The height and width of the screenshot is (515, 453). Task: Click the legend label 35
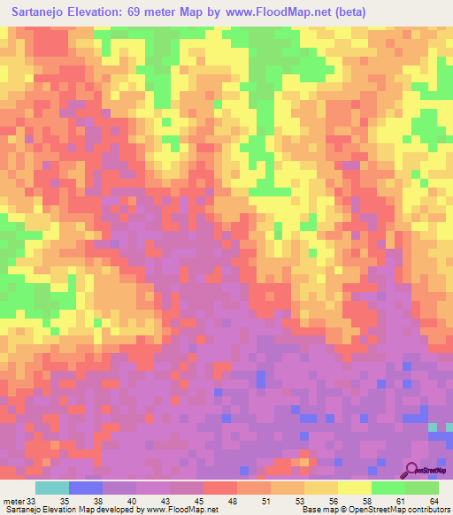pos(65,501)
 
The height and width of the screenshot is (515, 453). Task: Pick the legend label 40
pos(132,501)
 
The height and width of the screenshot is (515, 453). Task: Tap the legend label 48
pos(232,501)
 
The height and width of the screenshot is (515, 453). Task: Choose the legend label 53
pos(299,501)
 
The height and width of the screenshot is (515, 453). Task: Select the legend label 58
pos(366,501)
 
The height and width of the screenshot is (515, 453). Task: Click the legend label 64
pos(434,501)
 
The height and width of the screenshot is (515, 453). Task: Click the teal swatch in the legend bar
pos(52,488)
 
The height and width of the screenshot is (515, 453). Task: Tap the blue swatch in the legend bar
pos(86,488)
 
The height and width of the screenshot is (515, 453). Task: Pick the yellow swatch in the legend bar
pos(355,488)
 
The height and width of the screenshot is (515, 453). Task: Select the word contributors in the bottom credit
pos(426,511)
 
